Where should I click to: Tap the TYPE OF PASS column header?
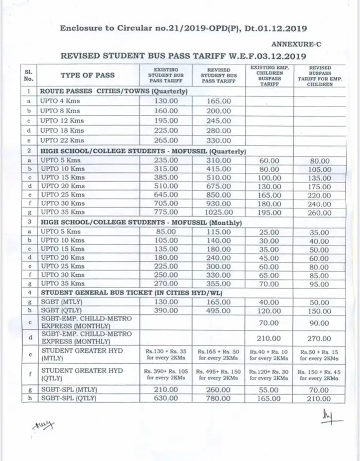pyautogui.click(x=87, y=75)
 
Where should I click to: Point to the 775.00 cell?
pyautogui.click(x=166, y=212)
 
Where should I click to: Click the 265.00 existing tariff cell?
pyautogui.click(x=166, y=140)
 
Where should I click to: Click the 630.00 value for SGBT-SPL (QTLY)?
pyautogui.click(x=166, y=398)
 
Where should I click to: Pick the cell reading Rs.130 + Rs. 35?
pyautogui.click(x=166, y=354)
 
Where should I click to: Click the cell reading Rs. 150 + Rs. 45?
pyautogui.click(x=319, y=374)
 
